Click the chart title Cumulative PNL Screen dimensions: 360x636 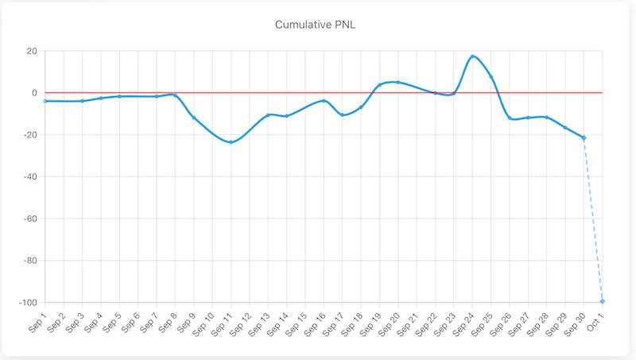pos(318,25)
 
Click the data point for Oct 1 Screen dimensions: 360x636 pos(602,301)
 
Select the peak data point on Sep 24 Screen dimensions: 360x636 pos(472,56)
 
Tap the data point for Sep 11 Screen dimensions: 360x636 pos(231,142)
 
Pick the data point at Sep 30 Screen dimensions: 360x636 pos(584,137)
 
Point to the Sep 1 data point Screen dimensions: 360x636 pos(45,101)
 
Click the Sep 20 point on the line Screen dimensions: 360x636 pos(397,82)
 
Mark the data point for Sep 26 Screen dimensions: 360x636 pos(510,118)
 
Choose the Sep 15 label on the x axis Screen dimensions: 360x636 pos(294,323)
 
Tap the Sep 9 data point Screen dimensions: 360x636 pos(193,118)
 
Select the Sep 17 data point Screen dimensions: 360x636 pos(342,115)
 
